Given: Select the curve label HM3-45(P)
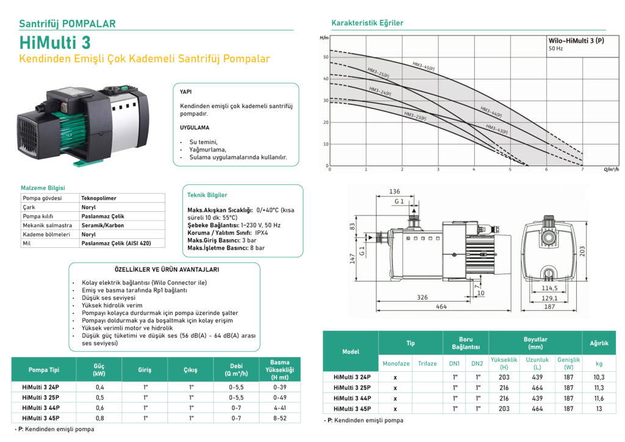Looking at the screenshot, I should [423, 66].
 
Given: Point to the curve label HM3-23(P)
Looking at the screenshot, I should [415, 115].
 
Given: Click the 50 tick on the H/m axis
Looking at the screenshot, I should [325, 57].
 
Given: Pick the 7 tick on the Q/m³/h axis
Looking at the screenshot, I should [582, 169].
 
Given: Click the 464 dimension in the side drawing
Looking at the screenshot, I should [441, 306].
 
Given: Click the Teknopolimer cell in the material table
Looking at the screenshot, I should [98, 198].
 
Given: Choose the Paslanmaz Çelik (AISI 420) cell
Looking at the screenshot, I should [115, 243].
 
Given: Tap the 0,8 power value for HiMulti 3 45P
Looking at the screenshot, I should [99, 418].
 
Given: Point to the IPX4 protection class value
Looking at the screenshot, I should [262, 233].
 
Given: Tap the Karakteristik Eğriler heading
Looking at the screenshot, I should [367, 23].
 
